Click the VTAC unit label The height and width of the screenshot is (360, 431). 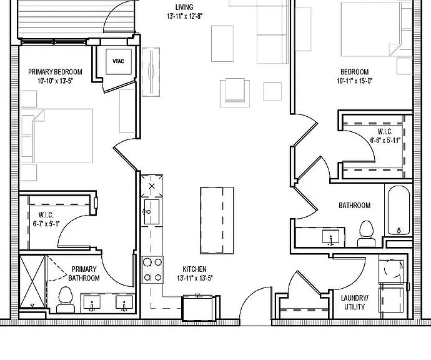click(118, 61)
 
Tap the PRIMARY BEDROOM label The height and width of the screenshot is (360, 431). click(55, 72)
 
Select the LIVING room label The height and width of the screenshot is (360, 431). click(184, 7)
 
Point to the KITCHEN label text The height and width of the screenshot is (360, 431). click(195, 269)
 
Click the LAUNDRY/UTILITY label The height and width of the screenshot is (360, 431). click(355, 302)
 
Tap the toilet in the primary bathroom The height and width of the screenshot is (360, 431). click(66, 299)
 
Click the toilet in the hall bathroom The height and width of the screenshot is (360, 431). click(367, 234)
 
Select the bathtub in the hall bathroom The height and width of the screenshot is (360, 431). click(399, 211)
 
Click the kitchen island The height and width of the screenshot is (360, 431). click(217, 220)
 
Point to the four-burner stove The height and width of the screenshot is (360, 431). click(152, 270)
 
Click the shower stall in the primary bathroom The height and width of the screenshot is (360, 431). click(32, 281)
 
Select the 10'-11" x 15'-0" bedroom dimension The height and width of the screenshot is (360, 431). click(355, 81)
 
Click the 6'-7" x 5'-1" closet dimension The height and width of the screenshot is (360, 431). click(46, 224)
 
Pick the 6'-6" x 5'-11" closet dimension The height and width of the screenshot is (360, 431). click(385, 140)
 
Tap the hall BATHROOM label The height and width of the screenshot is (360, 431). click(355, 206)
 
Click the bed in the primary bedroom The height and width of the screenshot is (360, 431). click(57, 136)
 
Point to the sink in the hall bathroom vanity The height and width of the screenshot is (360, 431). click(330, 237)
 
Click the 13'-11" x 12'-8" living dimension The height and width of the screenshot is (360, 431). click(185, 16)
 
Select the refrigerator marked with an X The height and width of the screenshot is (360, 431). click(152, 186)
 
